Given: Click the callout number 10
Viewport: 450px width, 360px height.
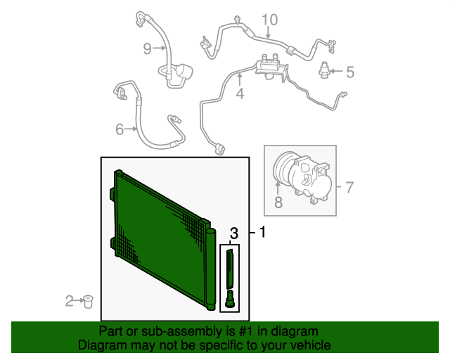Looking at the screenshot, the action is click(270, 20).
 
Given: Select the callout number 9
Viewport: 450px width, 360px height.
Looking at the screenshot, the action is click(147, 49).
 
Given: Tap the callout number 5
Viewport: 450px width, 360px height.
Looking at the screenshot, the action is click(350, 72).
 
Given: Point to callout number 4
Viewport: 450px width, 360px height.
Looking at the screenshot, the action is click(240, 94).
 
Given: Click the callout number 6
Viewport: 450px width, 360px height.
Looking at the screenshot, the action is click(120, 129).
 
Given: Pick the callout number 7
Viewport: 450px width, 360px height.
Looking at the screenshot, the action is click(349, 188).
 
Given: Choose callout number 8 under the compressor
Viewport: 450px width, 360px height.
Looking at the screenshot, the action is click(278, 202).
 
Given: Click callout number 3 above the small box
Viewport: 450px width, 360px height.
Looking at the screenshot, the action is click(234, 233).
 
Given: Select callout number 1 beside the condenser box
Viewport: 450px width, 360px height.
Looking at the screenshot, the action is click(262, 232).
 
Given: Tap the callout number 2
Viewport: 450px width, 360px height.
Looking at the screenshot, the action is click(69, 301).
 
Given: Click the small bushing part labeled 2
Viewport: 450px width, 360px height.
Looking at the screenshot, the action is click(87, 302).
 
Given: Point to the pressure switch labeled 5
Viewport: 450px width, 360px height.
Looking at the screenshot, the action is click(323, 70).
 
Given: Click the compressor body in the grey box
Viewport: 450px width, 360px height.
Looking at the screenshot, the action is click(302, 179).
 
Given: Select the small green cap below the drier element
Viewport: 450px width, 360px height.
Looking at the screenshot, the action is click(230, 299).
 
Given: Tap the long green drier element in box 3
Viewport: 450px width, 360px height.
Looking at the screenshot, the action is click(230, 269).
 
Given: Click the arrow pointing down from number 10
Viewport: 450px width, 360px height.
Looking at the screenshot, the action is click(268, 32).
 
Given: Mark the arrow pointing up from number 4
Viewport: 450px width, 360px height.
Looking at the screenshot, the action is click(240, 79).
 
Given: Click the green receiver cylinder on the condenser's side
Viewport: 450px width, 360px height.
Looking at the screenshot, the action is click(211, 269).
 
